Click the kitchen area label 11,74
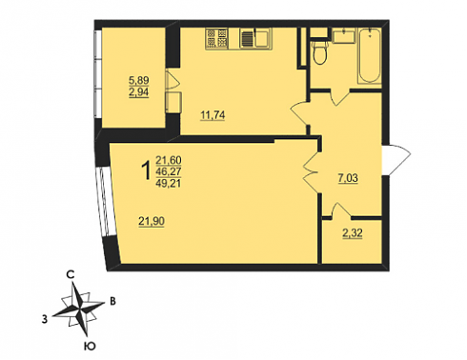(x=213, y=115)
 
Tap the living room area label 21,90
(x=152, y=221)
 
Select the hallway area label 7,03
(x=348, y=178)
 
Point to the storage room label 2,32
(x=353, y=233)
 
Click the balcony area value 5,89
(x=138, y=80)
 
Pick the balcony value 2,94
(x=138, y=92)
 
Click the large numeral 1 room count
(x=146, y=170)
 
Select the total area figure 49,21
(x=169, y=183)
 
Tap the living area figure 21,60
(x=169, y=160)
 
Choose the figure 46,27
(x=169, y=171)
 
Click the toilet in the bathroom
(x=319, y=50)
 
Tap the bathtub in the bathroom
(x=370, y=55)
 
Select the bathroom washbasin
(x=343, y=35)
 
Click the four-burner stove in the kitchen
(x=216, y=38)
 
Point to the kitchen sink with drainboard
(x=255, y=38)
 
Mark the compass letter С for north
(x=71, y=274)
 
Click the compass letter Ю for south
(x=90, y=346)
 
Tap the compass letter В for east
(x=112, y=301)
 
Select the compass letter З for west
(x=45, y=319)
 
